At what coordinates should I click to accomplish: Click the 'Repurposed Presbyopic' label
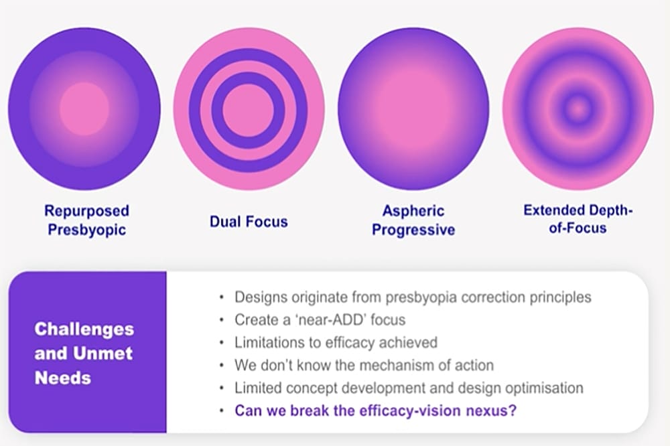coord(86,220)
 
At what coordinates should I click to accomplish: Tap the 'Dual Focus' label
coord(249,222)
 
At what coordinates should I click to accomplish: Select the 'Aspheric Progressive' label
coord(413,220)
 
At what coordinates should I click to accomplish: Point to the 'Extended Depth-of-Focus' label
coord(578,219)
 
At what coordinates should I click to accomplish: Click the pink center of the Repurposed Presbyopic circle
coord(84,109)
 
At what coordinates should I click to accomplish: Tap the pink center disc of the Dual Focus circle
coord(249,110)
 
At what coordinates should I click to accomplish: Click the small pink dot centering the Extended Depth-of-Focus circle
coord(578,109)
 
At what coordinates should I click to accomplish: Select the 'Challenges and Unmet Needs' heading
coord(84,354)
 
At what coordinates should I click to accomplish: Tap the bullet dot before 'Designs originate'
coord(221,297)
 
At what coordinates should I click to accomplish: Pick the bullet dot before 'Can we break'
coord(221,411)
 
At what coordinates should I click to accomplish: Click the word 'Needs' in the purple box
coord(63,378)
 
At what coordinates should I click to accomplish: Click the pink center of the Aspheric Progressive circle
coord(413,109)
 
